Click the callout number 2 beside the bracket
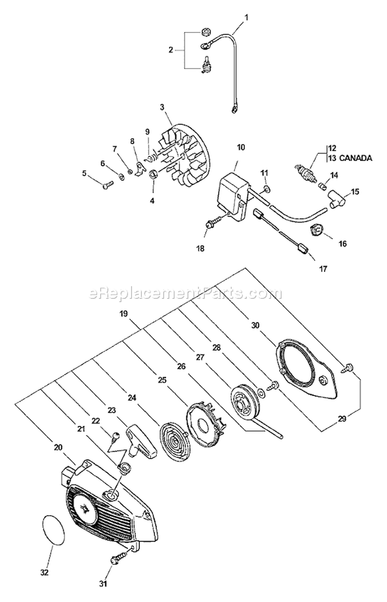(x=171, y=50)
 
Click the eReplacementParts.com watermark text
(x=186, y=294)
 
